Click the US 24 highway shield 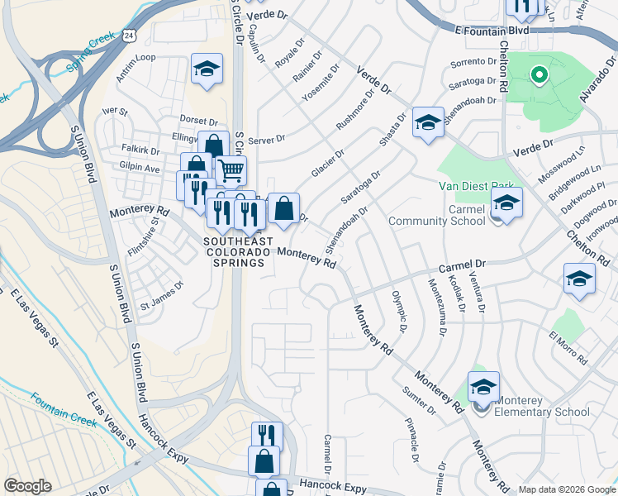[128, 35]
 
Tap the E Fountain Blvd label [492, 30]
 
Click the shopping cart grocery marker [231, 171]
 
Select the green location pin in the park [539, 77]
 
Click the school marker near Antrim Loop [207, 70]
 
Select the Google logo [27, 486]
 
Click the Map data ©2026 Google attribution [566, 489]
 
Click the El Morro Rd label [567, 348]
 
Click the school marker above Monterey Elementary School [483, 386]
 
